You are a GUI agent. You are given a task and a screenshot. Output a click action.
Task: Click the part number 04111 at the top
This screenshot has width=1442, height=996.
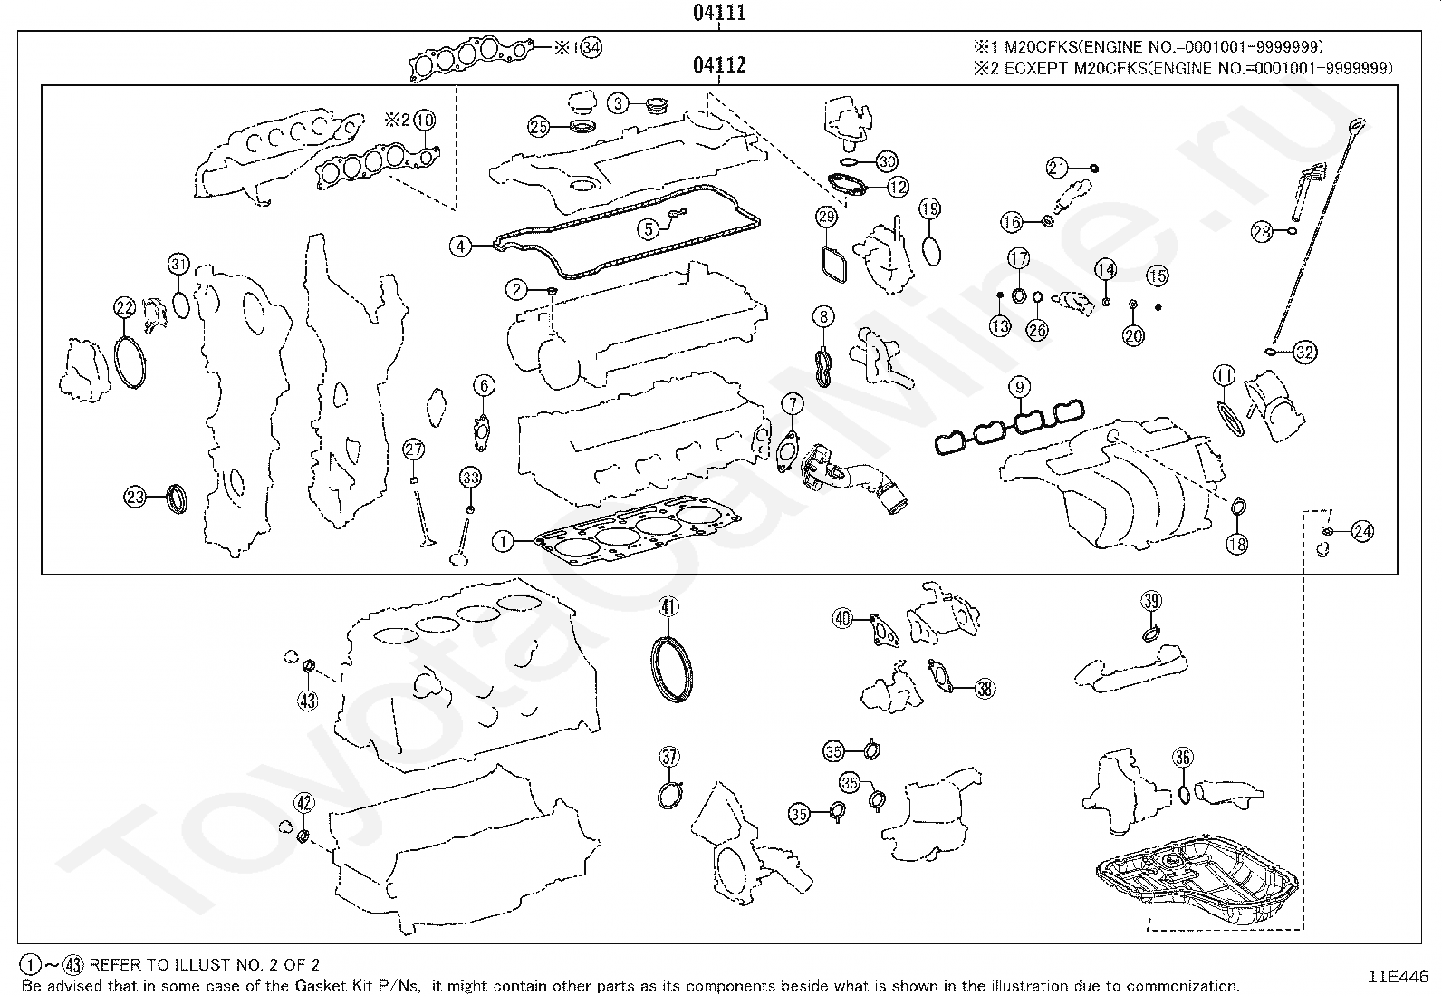click(x=719, y=13)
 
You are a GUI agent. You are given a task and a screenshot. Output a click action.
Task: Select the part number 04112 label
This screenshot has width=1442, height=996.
click(x=719, y=64)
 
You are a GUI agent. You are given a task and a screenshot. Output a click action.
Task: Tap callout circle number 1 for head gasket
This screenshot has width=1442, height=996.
click(x=503, y=542)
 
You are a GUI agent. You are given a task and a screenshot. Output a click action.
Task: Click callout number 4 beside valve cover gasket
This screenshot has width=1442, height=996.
click(x=461, y=246)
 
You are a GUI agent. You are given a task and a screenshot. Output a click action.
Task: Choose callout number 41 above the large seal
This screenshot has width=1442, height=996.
click(x=668, y=606)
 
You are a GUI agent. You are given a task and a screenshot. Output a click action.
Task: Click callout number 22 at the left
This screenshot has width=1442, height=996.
click(x=125, y=307)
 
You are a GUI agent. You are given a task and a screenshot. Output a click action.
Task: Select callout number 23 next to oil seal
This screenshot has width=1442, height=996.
click(x=135, y=496)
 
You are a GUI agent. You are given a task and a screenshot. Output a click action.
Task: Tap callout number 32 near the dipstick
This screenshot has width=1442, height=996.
click(x=1304, y=352)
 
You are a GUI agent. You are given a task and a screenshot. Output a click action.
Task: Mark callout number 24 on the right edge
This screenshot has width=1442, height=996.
click(x=1362, y=532)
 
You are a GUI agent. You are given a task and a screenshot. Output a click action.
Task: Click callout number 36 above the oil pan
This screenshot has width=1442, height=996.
click(x=1182, y=758)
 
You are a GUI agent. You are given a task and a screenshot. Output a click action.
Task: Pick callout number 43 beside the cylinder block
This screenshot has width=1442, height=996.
click(x=308, y=700)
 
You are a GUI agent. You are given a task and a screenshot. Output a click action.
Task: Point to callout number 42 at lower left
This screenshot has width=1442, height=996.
click(x=304, y=802)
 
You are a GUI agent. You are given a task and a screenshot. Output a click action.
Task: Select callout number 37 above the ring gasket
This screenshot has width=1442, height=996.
click(x=668, y=757)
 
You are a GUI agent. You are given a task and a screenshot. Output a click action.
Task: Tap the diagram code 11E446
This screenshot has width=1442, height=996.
click(x=1398, y=976)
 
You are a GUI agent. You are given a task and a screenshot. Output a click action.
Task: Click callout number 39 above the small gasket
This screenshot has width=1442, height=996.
click(x=1151, y=600)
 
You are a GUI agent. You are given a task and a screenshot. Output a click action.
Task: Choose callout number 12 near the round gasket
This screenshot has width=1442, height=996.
click(x=898, y=188)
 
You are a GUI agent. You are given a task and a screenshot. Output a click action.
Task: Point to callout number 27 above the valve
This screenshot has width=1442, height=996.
click(x=414, y=450)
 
